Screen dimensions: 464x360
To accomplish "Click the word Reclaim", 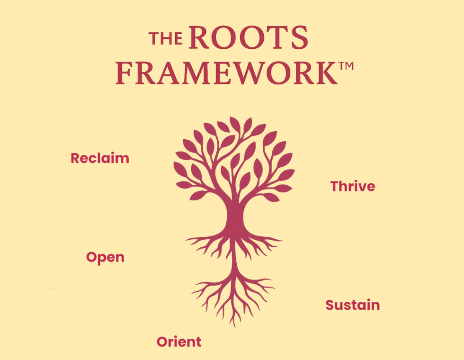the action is point(99,158).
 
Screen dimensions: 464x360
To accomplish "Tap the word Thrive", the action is point(352,186).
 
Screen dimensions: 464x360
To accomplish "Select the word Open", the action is point(105,258).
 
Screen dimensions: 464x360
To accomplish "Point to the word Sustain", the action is point(352,305).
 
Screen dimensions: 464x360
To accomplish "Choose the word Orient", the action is point(178,342).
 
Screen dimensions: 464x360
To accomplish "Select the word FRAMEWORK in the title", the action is point(226,73).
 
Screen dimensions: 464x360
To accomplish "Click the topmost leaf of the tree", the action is point(234,123).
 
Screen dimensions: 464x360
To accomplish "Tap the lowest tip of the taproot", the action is point(233,325).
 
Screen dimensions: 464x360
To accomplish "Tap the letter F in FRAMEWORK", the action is point(124,73).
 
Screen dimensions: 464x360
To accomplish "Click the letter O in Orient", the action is point(162,342).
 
